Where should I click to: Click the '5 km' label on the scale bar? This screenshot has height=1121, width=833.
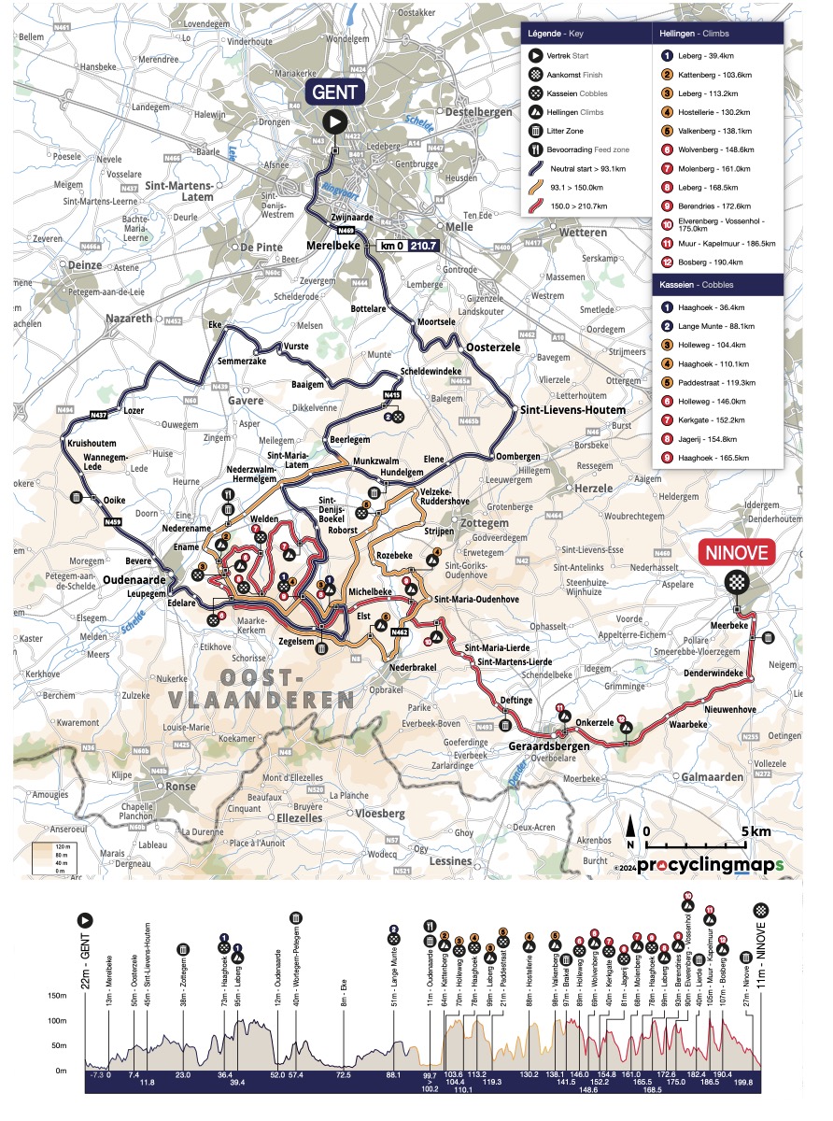coord(755,830)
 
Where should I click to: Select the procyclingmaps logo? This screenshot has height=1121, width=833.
coord(707,864)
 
